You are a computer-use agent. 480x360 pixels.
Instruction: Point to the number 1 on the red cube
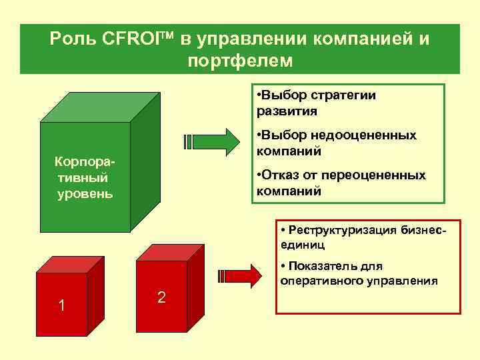pos(61,305)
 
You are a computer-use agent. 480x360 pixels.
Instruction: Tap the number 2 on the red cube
pos(161,297)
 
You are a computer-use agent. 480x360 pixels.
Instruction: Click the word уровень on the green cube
pos(85,194)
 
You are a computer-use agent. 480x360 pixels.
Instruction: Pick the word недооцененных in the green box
pos(363,135)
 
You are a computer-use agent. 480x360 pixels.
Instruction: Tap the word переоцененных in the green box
pos(373,175)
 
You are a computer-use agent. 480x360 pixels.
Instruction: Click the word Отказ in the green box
pos(284,175)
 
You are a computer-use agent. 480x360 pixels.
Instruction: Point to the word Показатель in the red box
pos(321,267)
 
